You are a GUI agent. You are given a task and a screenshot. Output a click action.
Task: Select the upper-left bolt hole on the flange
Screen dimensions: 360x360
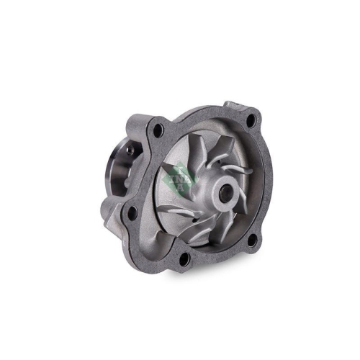(x=159, y=130)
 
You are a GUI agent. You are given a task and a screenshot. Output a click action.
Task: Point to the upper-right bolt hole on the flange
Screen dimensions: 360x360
(x=251, y=120)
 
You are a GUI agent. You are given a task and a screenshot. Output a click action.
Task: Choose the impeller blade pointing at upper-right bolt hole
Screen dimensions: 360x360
(x=230, y=155)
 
